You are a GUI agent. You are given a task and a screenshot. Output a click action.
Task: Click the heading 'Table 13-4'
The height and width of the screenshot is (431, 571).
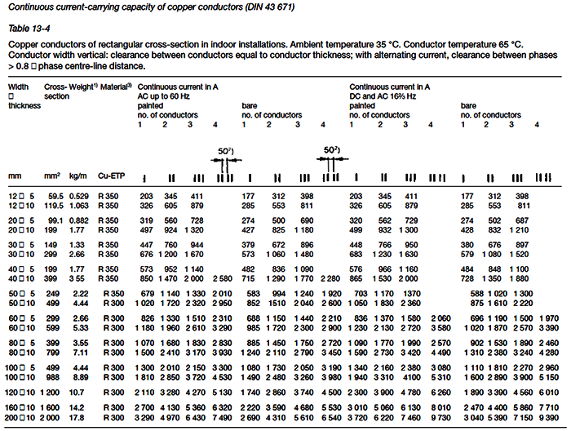[27, 28]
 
